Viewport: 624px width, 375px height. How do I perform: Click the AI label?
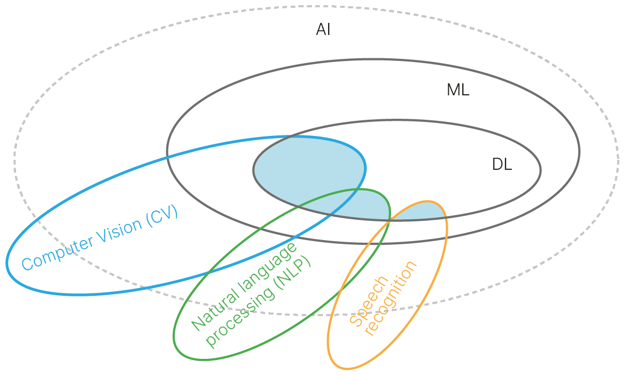(x=323, y=30)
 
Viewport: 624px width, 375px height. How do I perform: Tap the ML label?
(x=458, y=90)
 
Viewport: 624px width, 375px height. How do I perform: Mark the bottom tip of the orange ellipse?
(x=343, y=368)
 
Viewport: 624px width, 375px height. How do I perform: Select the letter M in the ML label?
(x=452, y=90)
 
